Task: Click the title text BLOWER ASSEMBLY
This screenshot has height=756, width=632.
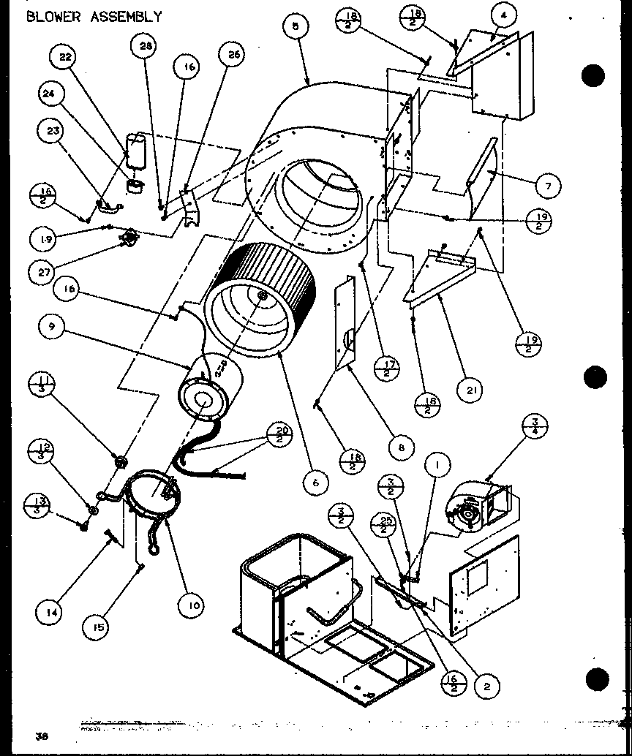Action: [94, 17]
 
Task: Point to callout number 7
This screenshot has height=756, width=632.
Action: [547, 186]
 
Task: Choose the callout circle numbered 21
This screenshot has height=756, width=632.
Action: [470, 390]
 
